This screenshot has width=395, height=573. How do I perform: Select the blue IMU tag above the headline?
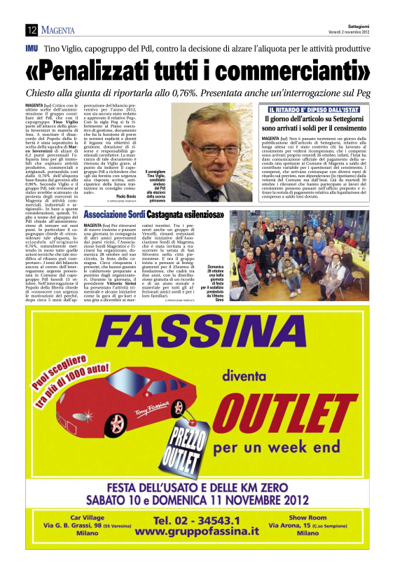click(x=31, y=50)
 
